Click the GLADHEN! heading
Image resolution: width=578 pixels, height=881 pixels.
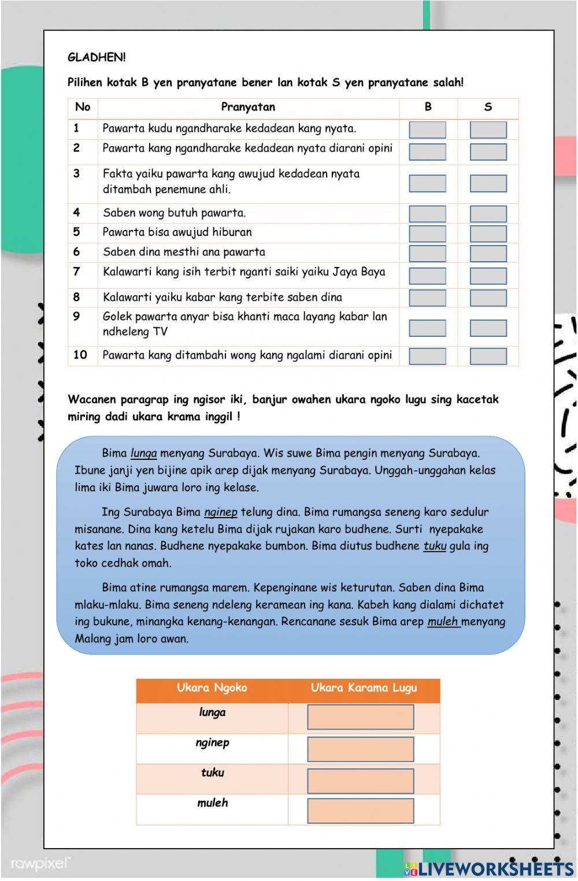(97, 57)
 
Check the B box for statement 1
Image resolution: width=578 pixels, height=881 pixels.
(427, 130)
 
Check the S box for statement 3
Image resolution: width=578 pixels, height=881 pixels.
(488, 184)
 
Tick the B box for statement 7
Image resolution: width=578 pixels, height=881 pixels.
(427, 275)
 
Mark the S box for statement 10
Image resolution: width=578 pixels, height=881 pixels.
(488, 356)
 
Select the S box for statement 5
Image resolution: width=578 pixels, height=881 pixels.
(488, 233)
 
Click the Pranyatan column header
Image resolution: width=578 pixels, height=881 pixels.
(248, 107)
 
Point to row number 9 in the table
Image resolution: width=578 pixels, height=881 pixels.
(77, 317)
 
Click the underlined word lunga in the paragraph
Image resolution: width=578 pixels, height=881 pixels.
(144, 453)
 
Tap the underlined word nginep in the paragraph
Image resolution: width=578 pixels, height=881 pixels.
(221, 512)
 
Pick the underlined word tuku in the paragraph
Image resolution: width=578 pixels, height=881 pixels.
(435, 546)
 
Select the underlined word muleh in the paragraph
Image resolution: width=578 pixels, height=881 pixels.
(443, 622)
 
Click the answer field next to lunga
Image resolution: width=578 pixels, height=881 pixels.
(361, 717)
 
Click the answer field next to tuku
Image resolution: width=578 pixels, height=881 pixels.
(361, 781)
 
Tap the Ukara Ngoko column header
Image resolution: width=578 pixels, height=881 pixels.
(212, 688)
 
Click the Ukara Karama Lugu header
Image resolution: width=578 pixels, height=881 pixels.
(364, 688)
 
